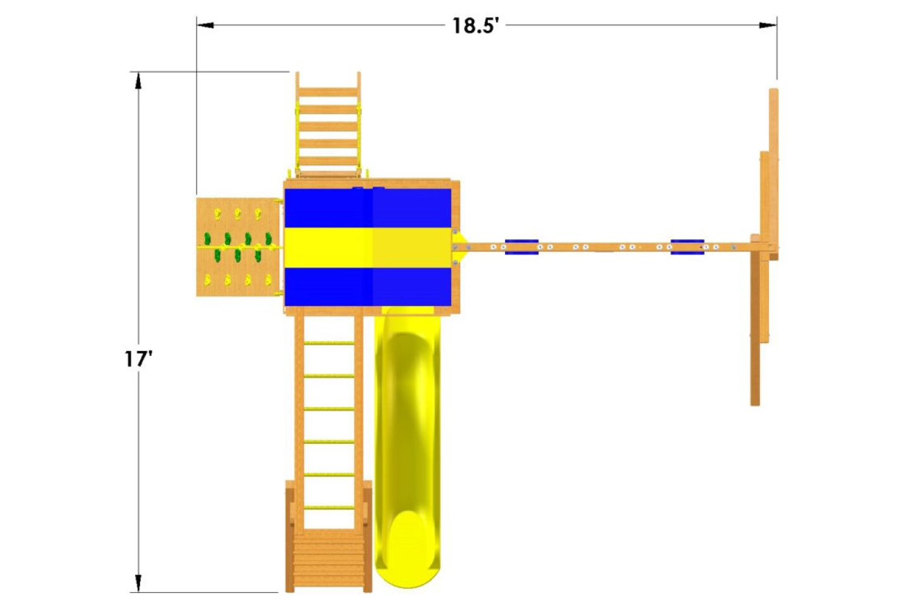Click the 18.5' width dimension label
pos(475,25)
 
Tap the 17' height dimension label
pos(138,359)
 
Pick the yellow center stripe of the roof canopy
pos(368,247)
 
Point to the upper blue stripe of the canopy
pos(368,207)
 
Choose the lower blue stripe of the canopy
pos(368,287)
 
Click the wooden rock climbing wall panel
pos(237,247)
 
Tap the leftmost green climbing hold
pos(207,239)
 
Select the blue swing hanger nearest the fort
pos(521,247)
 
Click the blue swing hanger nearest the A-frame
pos(687,247)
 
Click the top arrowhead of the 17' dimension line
pos(138,80)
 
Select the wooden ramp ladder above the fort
pos(328,126)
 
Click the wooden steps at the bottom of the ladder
pos(328,562)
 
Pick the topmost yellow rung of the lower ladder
pos(328,344)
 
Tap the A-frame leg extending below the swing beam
pos(756,328)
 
